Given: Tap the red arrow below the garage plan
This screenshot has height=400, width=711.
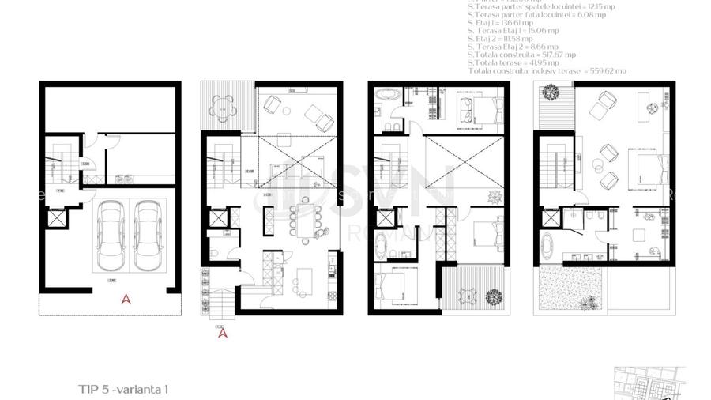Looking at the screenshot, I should pyautogui.click(x=124, y=299).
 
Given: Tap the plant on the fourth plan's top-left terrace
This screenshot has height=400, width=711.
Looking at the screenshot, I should pyautogui.click(x=545, y=94).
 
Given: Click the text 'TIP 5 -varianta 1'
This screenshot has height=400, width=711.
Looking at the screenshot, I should pyautogui.click(x=124, y=389).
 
